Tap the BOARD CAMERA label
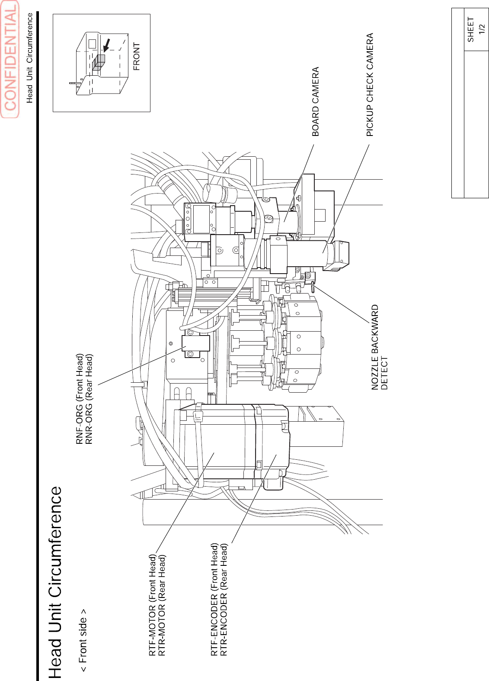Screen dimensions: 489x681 point(316,101)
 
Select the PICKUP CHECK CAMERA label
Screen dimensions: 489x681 point(370,85)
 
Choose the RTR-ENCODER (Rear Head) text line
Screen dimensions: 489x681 point(224,599)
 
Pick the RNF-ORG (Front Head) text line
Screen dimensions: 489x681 point(80,399)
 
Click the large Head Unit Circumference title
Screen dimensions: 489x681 point(55,582)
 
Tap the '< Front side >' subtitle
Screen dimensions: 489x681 point(83,641)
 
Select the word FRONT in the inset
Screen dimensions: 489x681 point(137,56)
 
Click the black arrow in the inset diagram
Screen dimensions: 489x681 point(106,45)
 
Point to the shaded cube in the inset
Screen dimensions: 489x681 point(99,62)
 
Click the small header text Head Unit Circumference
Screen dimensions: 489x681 point(30,58)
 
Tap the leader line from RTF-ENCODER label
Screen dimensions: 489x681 point(254,498)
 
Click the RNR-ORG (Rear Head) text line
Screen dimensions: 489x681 point(89,399)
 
